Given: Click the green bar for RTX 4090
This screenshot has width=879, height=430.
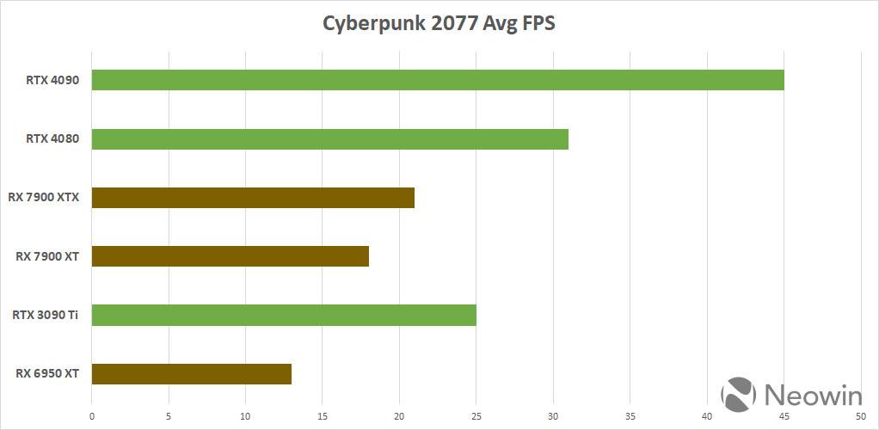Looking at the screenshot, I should (x=437, y=80).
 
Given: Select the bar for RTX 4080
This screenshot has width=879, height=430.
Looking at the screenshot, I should (x=329, y=138).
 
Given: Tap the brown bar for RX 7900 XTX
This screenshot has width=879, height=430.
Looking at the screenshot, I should (x=253, y=198).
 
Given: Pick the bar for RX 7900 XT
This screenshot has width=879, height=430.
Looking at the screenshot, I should (x=230, y=256).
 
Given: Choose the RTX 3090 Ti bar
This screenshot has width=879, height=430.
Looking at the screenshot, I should (x=284, y=315).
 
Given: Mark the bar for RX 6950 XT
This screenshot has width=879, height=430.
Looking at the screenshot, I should (x=191, y=374).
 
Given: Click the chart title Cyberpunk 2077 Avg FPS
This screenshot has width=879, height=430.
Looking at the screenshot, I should (x=439, y=23).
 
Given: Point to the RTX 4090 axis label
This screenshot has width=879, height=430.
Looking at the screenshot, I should (x=52, y=80).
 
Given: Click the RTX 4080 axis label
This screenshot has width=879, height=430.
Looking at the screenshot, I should (x=52, y=138).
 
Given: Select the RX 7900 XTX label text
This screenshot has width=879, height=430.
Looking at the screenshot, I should (x=43, y=198).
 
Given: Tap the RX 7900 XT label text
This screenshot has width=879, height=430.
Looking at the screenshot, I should (x=47, y=256).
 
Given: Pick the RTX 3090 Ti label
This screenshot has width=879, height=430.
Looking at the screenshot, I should (x=46, y=315).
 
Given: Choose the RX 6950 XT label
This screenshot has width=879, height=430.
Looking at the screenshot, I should (x=47, y=374).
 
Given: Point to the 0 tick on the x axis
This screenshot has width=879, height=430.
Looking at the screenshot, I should (x=92, y=417).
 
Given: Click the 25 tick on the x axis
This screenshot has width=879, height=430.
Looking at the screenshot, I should (x=476, y=417).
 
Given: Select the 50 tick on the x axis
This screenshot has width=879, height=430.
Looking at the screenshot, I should (x=861, y=417).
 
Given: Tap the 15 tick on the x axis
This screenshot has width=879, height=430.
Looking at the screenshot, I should (x=323, y=417).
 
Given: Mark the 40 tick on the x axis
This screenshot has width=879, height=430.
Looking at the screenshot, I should (x=707, y=417).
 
